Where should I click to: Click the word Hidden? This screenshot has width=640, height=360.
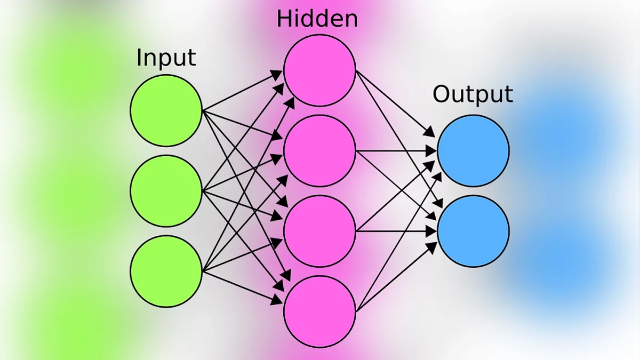[x=317, y=19]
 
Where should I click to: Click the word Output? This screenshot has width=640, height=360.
[x=473, y=94]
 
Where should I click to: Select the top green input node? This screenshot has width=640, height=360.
[x=166, y=110]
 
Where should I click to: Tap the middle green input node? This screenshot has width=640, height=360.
[x=166, y=190]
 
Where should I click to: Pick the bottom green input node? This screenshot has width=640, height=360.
[x=166, y=271]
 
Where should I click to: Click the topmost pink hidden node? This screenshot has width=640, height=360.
[x=319, y=70]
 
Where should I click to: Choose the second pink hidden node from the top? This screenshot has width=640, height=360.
[x=319, y=151]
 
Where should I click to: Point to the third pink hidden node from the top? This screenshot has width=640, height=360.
[x=319, y=231]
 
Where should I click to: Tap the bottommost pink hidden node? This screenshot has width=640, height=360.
[x=319, y=311]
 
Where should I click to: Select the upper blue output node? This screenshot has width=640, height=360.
[x=473, y=151]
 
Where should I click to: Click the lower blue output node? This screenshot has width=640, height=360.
[x=473, y=231]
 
